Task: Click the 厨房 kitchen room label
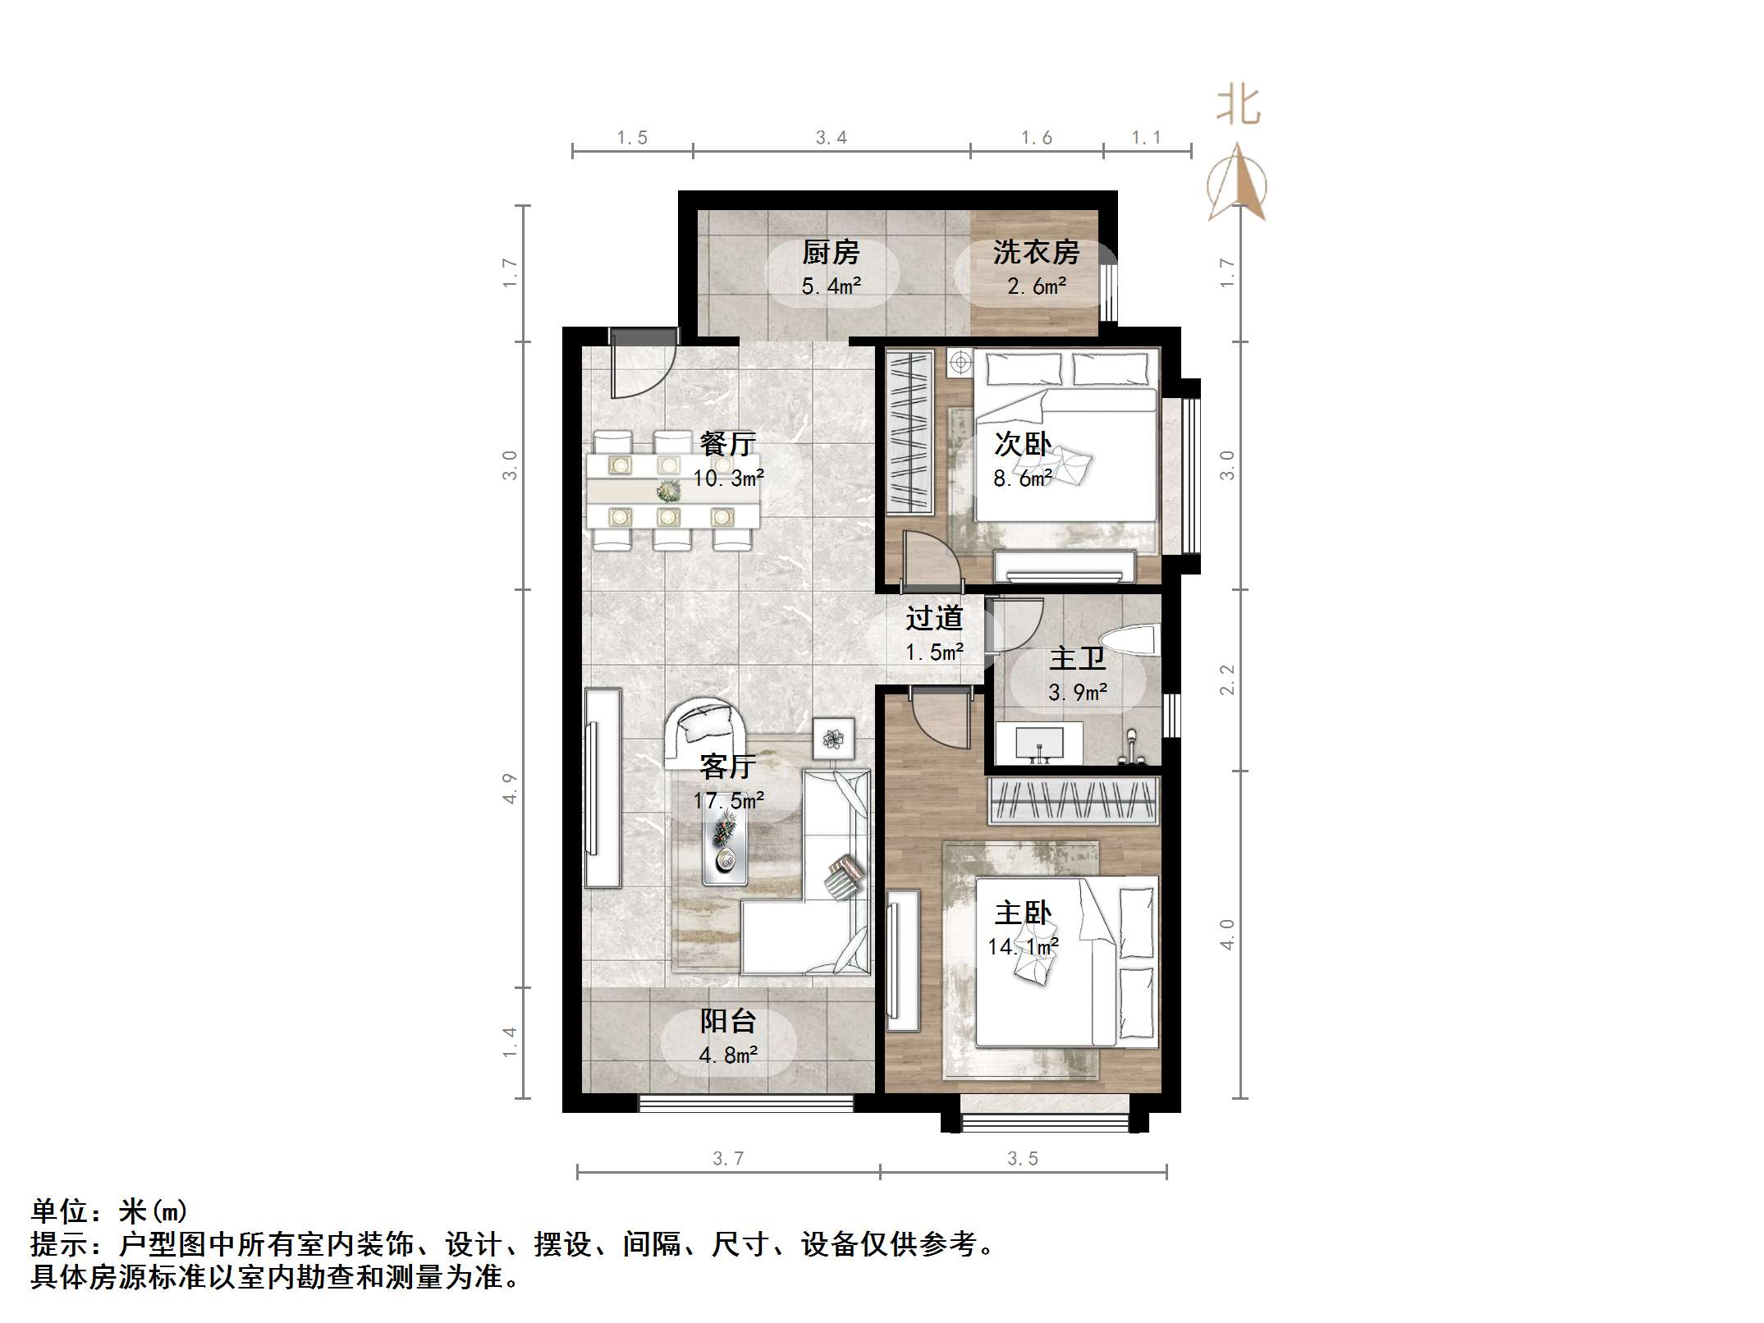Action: (830, 252)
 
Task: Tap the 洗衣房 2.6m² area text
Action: (1036, 286)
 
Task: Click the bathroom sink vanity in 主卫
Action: (1040, 743)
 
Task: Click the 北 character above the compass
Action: (1238, 107)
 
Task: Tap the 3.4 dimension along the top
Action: (831, 138)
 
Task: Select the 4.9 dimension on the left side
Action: (510, 788)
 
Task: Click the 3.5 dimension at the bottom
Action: (1023, 1158)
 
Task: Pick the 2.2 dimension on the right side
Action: (1226, 680)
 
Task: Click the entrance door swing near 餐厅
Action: (640, 369)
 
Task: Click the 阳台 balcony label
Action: (727, 1021)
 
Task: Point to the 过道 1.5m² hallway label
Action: (934, 634)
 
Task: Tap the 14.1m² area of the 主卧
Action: (1023, 946)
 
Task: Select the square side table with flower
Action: (834, 738)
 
